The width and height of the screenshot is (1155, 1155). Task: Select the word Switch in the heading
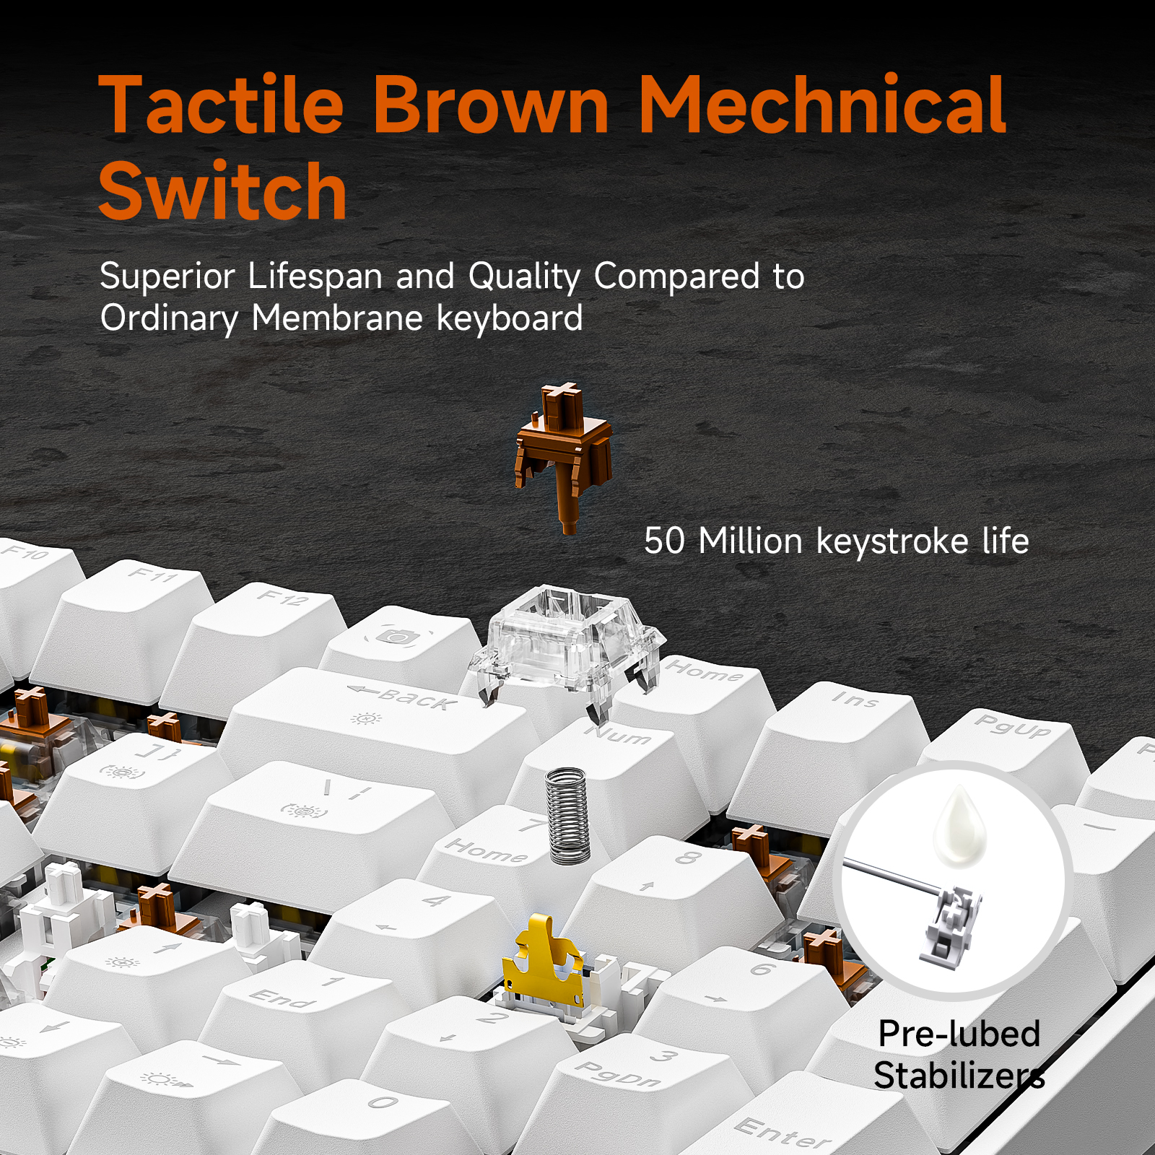pos(223,191)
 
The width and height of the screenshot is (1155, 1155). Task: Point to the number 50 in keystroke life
pos(663,541)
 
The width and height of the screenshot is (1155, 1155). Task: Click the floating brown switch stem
pos(563,455)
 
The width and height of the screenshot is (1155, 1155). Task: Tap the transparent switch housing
pos(567,646)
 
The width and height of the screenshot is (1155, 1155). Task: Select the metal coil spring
pos(568,815)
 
